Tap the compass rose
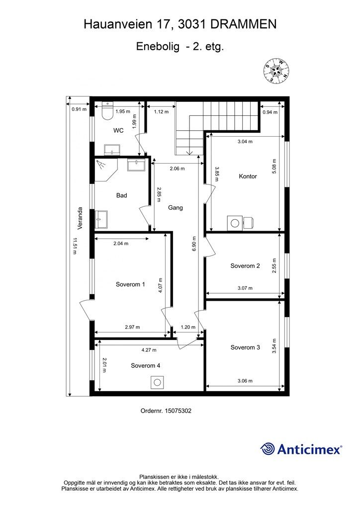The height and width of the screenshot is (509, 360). click(276, 70)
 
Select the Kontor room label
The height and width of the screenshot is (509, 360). click(248, 176)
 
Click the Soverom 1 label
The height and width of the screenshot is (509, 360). click(130, 285)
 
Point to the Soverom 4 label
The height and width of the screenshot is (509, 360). click(145, 365)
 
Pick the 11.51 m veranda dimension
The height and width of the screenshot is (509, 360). click(74, 246)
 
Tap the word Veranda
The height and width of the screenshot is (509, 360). click(80, 220)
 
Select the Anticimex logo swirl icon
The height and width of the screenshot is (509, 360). click(268, 449)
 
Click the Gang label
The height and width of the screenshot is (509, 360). click(176, 208)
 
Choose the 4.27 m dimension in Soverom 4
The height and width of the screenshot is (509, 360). click(149, 350)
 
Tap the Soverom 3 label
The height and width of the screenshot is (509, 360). click(245, 347)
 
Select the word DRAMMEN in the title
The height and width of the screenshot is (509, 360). click(246, 24)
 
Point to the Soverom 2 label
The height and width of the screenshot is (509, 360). click(245, 266)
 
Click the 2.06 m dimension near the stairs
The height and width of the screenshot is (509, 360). click(177, 169)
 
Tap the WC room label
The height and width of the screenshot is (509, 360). click(118, 131)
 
